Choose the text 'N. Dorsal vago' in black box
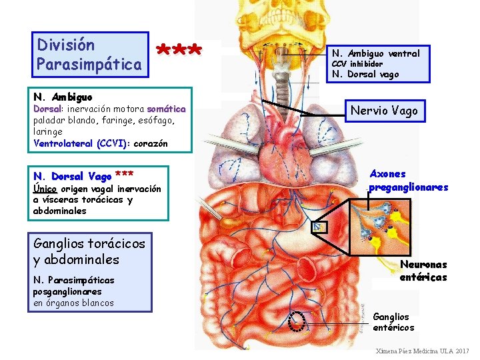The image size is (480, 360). pos(365,75)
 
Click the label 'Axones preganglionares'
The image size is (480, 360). pos(409,180)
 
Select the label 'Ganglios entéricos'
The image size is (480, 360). pos(393,322)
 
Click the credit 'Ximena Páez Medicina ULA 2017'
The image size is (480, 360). pos(423,351)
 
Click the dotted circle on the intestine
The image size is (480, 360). pos(298,321)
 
